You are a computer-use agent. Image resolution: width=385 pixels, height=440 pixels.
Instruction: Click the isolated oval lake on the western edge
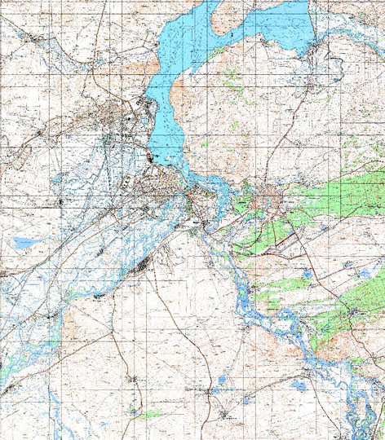pos(24,243)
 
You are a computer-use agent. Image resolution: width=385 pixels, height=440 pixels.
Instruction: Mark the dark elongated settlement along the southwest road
pos(144,262)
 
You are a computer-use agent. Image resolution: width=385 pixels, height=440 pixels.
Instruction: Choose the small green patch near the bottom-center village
pos(147,414)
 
